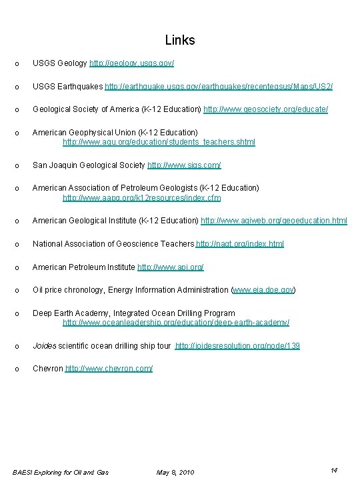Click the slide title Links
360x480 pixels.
point(179,41)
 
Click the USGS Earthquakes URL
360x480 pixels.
point(219,87)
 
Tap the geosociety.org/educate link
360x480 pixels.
point(265,109)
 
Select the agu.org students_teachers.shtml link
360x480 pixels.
point(159,142)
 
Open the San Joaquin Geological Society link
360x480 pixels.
point(184,165)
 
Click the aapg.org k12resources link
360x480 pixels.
point(141,198)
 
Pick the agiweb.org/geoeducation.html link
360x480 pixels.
point(273,221)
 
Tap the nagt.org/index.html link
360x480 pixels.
point(240,244)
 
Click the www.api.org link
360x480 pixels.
point(171,267)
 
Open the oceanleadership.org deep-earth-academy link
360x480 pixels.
point(176,323)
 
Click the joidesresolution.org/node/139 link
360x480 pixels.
point(237,346)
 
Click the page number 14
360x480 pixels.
point(334,471)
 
